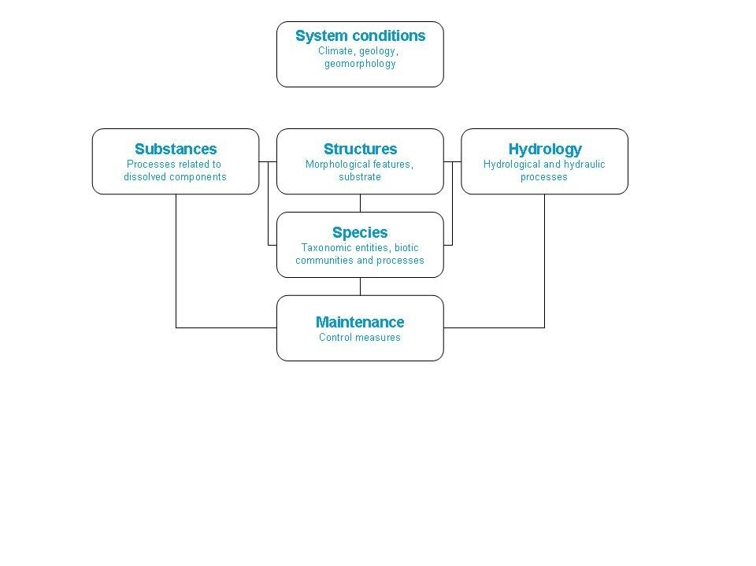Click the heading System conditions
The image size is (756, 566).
coord(360,35)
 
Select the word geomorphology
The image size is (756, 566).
coord(360,64)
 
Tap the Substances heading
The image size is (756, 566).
coord(176,149)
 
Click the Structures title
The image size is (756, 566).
coord(360,149)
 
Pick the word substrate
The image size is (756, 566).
coord(360,177)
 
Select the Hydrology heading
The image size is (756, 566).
coord(545,150)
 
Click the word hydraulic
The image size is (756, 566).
coord(584,165)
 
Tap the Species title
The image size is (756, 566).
coord(360,232)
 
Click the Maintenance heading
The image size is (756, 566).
coord(360,322)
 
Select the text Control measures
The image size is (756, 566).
coord(360,338)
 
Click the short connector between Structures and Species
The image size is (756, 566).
coord(360,203)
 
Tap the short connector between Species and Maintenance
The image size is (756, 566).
coord(360,287)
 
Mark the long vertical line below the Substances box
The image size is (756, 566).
coord(176,261)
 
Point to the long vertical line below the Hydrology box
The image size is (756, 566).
coord(544,261)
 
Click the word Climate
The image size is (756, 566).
coord(335,51)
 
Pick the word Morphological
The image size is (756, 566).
coord(338,165)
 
